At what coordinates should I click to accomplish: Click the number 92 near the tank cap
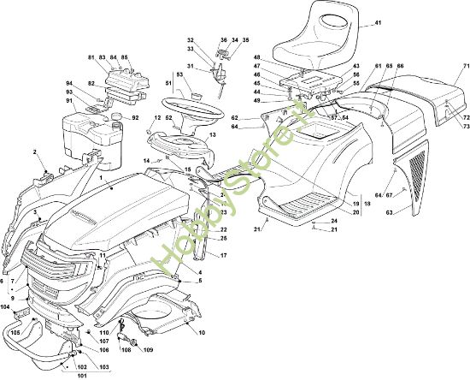click(135, 117)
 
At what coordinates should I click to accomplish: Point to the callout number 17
click(223, 256)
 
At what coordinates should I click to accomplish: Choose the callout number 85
click(125, 57)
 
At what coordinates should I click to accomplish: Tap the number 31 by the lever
click(192, 67)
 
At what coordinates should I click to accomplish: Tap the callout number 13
click(211, 135)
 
